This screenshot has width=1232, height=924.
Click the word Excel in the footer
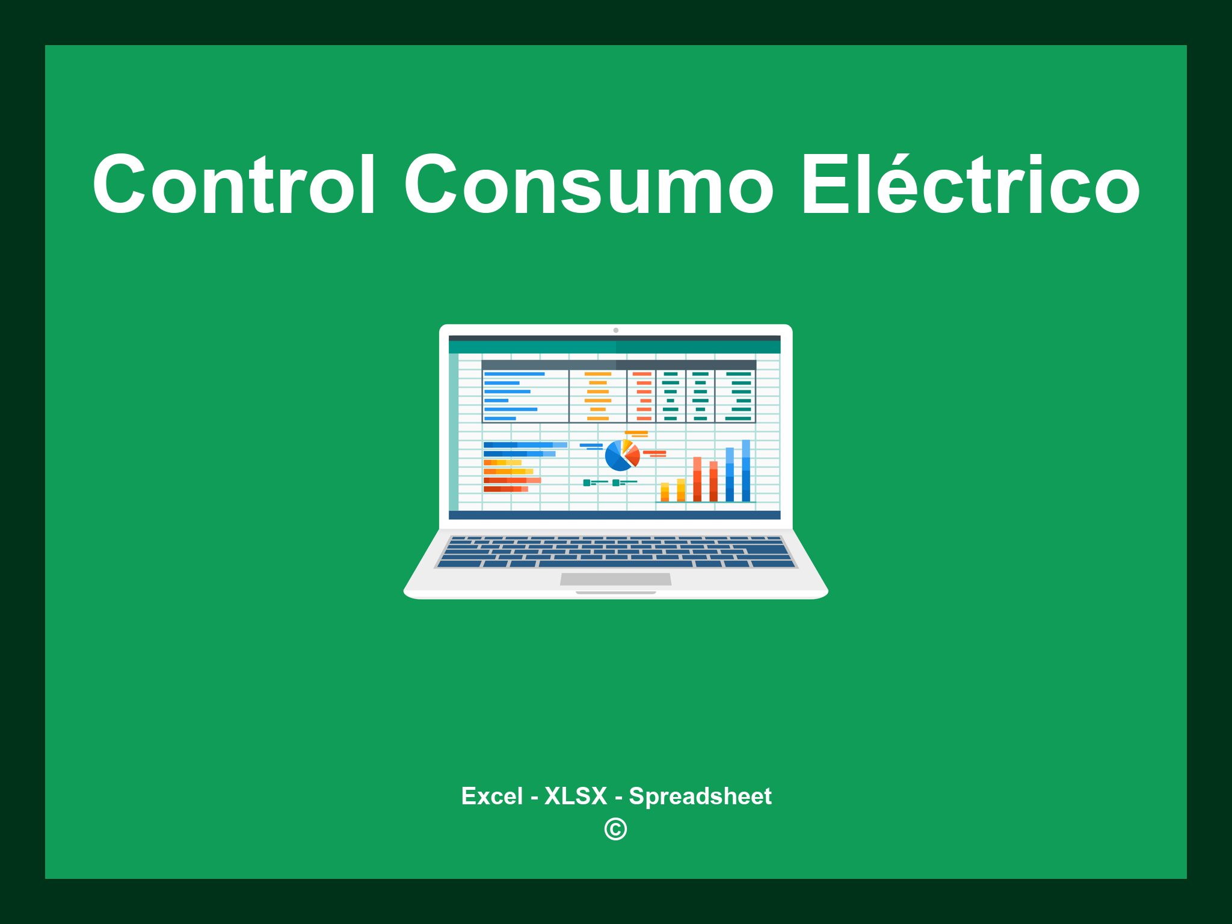[491, 796]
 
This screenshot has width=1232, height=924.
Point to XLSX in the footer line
[576, 796]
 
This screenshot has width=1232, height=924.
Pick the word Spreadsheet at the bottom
[700, 796]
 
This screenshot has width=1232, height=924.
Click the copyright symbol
[615, 830]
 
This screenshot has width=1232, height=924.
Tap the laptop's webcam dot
[615, 330]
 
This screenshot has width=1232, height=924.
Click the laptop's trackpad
[615, 579]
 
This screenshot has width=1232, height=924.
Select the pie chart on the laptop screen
[621, 455]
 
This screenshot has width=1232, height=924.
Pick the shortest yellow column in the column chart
[665, 491]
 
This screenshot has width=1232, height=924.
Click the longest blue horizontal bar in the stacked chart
[525, 445]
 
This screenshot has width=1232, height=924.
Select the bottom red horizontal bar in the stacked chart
[505, 489]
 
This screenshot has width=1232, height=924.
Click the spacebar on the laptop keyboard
[615, 564]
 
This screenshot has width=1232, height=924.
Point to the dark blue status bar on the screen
[614, 515]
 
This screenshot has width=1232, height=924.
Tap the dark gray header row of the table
[618, 365]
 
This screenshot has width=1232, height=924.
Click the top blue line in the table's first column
[514, 374]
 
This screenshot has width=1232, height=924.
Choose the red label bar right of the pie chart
[654, 452]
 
